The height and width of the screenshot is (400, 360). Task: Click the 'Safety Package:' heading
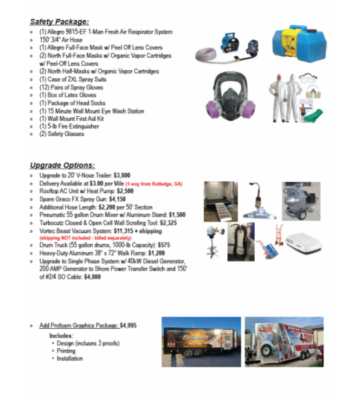(59, 21)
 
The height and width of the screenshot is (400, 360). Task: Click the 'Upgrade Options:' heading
(62, 165)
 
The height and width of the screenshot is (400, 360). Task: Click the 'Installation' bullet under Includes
(70, 358)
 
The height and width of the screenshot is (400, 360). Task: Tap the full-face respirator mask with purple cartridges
(229, 94)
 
